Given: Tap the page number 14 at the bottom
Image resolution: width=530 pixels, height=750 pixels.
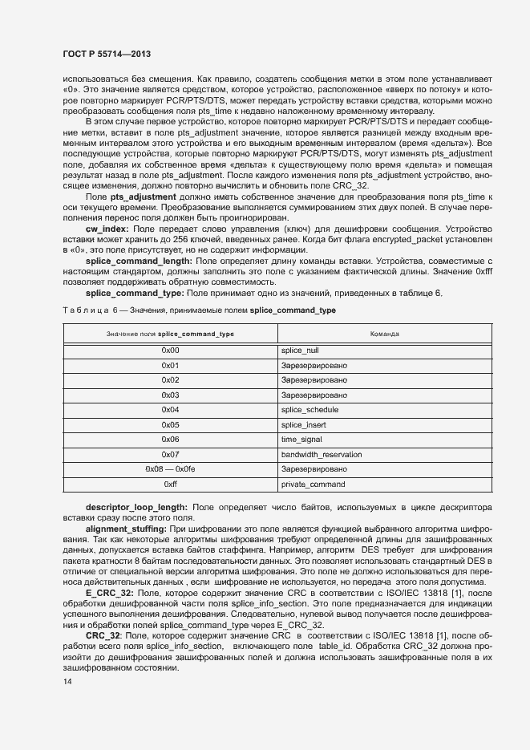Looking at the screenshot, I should [67, 681].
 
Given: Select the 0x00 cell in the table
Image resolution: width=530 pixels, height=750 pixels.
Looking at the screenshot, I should [170, 351].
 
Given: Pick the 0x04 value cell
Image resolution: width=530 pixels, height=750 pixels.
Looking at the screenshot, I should [170, 410].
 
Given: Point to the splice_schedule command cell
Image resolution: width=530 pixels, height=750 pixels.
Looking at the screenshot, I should [310, 410].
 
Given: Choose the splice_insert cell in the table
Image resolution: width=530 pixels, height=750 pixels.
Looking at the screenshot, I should [304, 425].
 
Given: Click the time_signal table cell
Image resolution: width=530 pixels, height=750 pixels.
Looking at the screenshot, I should [301, 440].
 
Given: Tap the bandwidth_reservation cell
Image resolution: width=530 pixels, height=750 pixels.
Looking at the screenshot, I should [321, 455].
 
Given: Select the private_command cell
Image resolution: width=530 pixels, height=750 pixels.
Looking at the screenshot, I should [313, 484].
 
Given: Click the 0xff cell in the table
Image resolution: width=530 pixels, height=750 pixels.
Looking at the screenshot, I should [170, 484].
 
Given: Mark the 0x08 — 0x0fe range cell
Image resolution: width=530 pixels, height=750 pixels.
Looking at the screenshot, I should [170, 469].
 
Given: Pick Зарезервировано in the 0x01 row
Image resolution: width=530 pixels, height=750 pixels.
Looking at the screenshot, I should [314, 366].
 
